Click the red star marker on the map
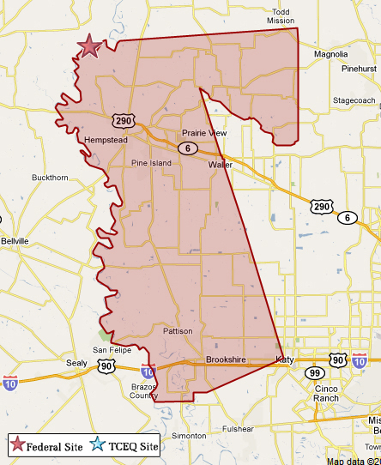[88, 46]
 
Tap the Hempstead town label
[106, 140]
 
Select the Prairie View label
[204, 133]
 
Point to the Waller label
[220, 163]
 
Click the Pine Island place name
[151, 162]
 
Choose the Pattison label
[178, 330]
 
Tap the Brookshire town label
[227, 359]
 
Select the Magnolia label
[331, 54]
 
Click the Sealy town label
[76, 363]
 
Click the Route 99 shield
[313, 373]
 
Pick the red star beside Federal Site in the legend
[16, 444]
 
